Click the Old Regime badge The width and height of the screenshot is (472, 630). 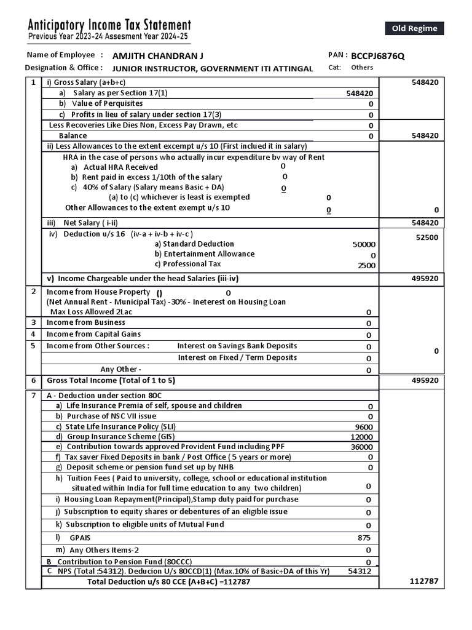(414, 28)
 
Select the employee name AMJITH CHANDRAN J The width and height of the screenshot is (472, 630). (158, 56)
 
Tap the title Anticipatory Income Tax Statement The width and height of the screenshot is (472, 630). (110, 25)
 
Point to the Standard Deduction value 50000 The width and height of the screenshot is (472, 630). (364, 244)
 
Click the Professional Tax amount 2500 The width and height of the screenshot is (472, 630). (366, 266)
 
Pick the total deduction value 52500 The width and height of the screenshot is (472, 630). (427, 237)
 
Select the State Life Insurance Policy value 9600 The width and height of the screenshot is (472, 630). (364, 427)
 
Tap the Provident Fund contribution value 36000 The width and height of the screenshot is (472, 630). (361, 447)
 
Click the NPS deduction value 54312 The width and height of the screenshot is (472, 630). (360, 572)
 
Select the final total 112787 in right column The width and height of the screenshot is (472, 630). (424, 581)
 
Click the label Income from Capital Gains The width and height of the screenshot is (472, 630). (94, 334)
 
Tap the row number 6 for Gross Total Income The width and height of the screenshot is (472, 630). (34, 381)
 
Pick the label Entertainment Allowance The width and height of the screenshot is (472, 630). (205, 254)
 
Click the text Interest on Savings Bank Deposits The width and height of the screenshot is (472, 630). (237, 346)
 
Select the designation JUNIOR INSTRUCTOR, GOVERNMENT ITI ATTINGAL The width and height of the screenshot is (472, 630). (213, 68)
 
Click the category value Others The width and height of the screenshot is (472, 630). (362, 68)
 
